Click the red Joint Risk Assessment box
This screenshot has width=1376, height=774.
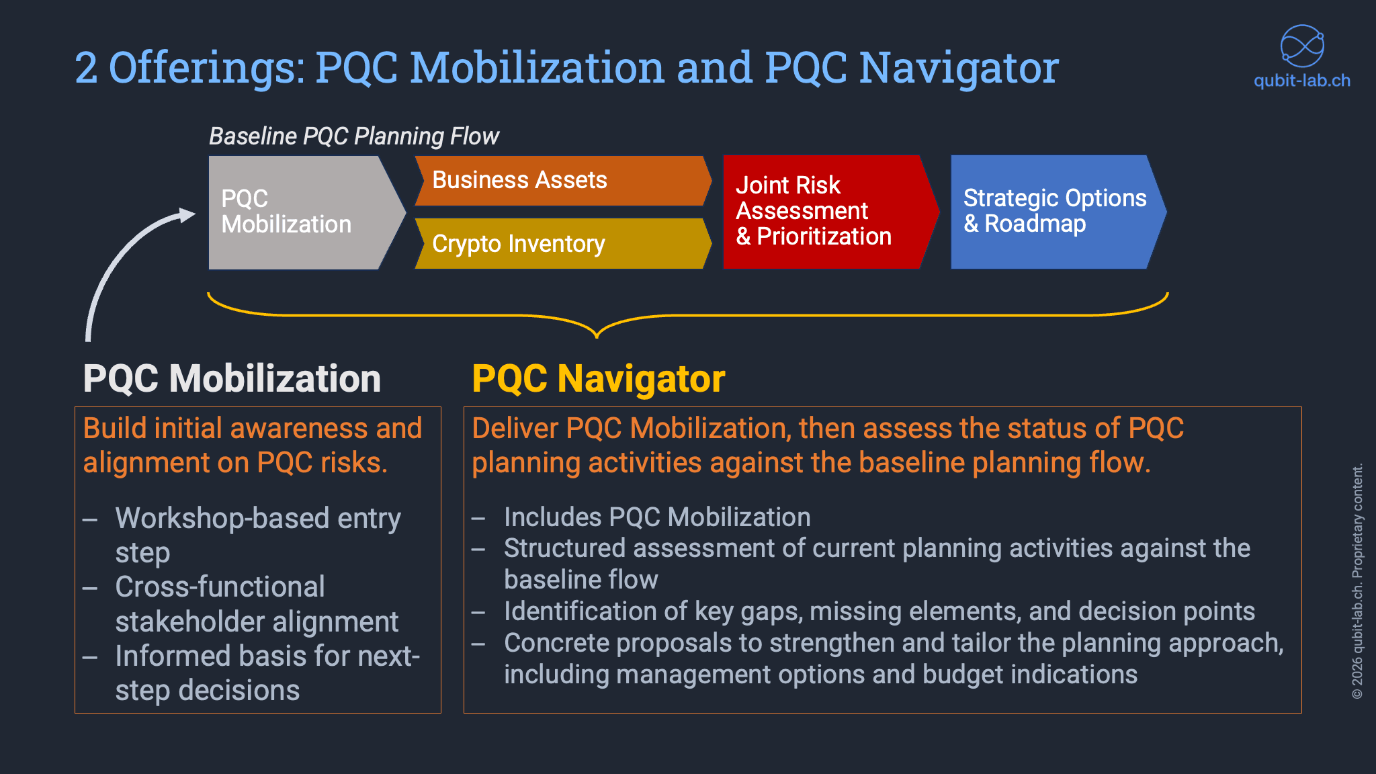823,212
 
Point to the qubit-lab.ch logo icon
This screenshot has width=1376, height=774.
1301,46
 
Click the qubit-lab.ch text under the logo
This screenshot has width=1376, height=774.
1301,81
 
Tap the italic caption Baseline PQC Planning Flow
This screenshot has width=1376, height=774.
353,136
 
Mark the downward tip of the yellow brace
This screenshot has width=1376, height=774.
597,334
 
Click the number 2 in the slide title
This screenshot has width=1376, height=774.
85,68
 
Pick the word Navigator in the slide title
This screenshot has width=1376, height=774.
959,68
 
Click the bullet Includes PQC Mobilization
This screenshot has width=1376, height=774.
656,517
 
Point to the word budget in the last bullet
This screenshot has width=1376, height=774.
963,674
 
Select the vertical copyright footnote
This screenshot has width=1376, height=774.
1357,581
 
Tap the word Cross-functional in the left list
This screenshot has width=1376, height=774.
220,587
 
